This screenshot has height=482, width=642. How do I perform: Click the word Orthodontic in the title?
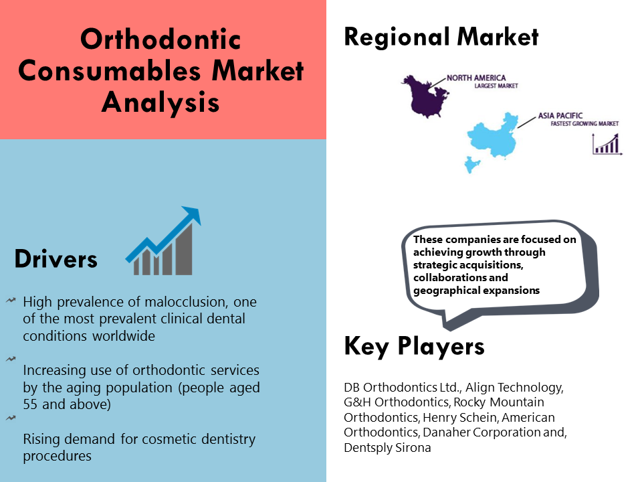tap(160, 39)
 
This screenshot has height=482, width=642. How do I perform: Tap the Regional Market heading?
tap(441, 37)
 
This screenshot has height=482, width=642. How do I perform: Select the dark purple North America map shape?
tap(425, 96)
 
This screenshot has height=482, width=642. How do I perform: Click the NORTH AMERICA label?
tap(476, 78)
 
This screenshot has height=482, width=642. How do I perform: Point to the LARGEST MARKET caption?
tap(496, 86)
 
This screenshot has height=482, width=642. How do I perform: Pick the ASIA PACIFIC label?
tap(560, 116)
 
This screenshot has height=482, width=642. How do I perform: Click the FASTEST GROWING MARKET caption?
tap(584, 123)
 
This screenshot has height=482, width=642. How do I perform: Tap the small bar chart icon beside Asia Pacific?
tap(607, 145)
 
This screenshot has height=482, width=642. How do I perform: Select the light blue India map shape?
tap(471, 165)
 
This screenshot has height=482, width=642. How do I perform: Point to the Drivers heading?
tap(56, 259)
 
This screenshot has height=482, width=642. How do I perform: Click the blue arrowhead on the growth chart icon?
tap(193, 214)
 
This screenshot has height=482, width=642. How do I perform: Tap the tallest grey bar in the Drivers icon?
tap(184, 249)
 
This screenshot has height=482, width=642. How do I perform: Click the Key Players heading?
tap(415, 346)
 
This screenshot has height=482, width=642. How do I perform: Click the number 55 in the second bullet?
tap(30, 404)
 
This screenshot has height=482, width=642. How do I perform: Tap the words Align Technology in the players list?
tap(515, 388)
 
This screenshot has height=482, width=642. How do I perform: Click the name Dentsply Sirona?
tap(387, 448)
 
